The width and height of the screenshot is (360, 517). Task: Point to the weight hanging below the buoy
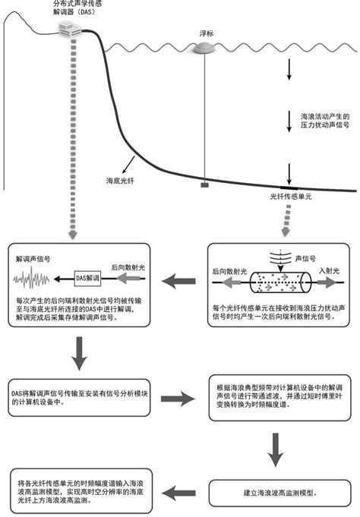pos(204,184)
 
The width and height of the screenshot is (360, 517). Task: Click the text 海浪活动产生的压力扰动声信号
pos(321,121)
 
